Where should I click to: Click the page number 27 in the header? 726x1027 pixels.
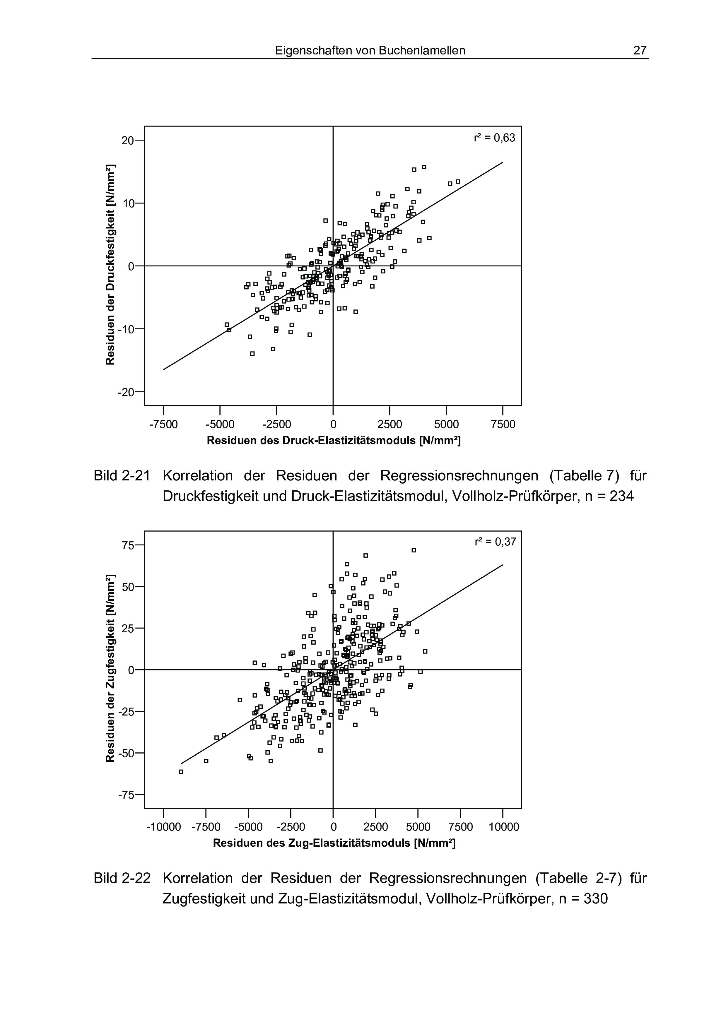640,51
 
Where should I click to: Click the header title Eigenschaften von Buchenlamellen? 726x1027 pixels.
370,51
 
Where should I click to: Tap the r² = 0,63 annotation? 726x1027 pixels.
494,138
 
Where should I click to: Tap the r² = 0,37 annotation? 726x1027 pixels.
495,542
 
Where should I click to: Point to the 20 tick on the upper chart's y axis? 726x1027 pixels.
128,141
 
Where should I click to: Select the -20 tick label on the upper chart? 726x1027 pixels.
125,393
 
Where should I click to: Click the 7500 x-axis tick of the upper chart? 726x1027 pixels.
503,424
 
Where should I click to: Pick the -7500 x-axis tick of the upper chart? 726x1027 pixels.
163,424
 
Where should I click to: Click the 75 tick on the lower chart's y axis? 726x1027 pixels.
128,545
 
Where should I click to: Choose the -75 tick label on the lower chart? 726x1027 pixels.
125,795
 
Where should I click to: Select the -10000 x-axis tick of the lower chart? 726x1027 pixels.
164,827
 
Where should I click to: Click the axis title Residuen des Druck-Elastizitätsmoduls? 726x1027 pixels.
333,441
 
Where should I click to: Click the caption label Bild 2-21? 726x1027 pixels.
122,475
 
